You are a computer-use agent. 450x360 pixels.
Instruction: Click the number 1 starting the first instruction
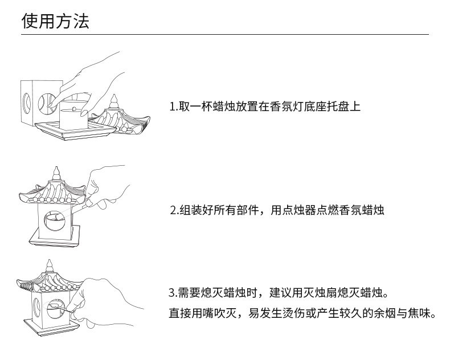point(173,107)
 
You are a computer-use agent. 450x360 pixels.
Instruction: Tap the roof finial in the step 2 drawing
point(56,172)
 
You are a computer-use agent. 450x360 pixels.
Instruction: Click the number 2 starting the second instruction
point(173,210)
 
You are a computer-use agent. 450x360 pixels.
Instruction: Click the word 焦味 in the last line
point(419,313)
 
